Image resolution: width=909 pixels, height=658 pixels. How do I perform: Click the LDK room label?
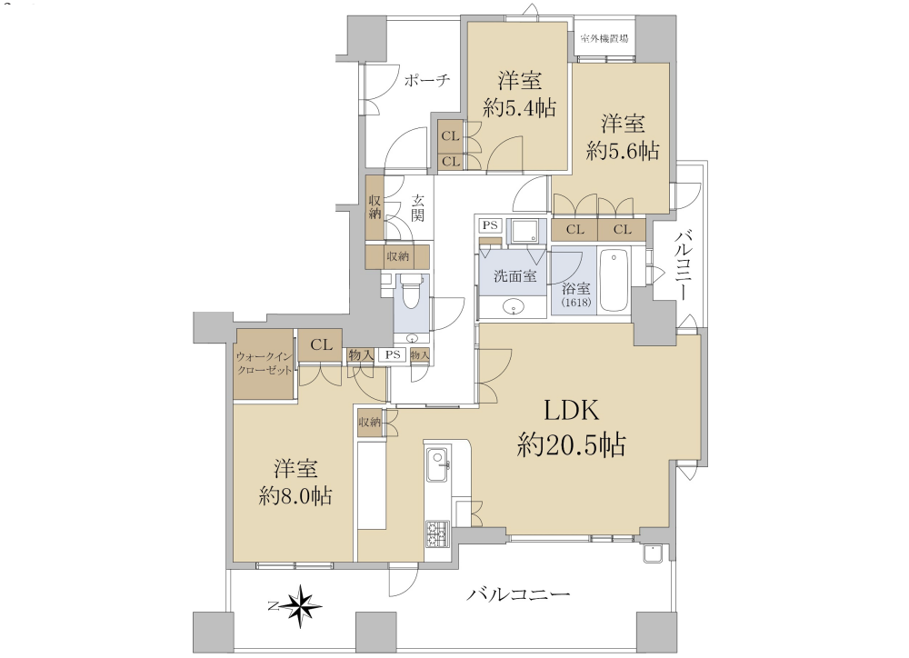click(571, 411)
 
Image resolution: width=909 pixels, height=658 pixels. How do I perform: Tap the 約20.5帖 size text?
click(571, 445)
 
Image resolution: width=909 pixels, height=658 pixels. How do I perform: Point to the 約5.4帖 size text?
click(519, 108)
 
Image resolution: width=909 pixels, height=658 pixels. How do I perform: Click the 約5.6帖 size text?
click(623, 151)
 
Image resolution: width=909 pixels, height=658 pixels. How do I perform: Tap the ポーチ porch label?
click(427, 80)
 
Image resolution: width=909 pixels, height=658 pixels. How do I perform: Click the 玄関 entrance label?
click(418, 209)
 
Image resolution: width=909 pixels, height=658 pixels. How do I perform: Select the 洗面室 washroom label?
click(514, 276)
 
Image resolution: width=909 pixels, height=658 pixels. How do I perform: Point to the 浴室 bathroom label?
click(576, 287)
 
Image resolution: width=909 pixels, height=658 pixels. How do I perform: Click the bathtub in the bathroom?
click(614, 280)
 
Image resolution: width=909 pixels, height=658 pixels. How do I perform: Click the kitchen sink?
click(438, 465)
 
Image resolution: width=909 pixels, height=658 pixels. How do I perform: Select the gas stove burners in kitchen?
click(437, 534)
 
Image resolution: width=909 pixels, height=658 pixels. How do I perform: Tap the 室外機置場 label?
click(605, 39)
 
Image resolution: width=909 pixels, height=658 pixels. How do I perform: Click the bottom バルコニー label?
click(519, 594)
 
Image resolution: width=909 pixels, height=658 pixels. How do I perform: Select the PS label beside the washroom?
click(490, 224)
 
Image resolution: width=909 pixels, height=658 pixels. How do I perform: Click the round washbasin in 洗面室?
click(512, 305)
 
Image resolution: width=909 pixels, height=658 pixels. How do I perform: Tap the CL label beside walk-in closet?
click(321, 345)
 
